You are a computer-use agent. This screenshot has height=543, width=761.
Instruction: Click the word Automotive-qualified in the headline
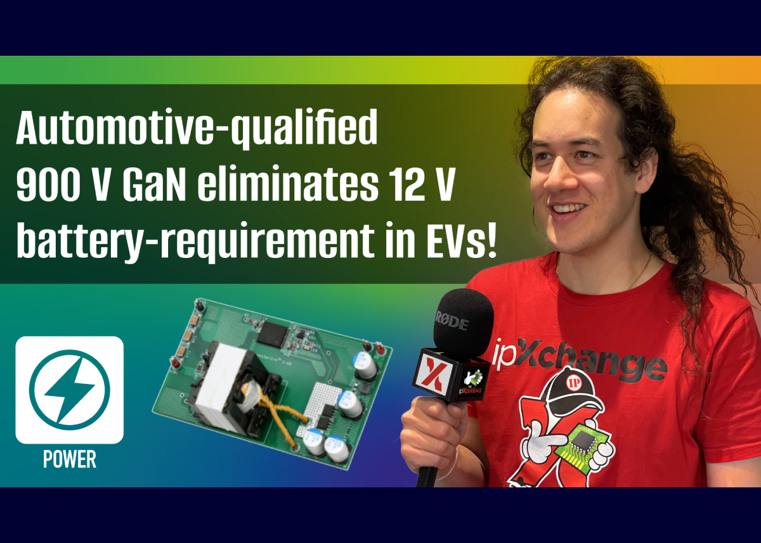(197, 128)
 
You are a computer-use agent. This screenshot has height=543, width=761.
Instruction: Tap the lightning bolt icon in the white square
(70, 390)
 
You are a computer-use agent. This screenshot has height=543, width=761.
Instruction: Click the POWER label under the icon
(70, 459)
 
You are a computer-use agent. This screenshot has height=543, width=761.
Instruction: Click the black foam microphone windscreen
(464, 323)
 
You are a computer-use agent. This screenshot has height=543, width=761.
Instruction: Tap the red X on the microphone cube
(436, 373)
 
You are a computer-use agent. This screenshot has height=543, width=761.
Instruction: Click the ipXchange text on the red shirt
(578, 361)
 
